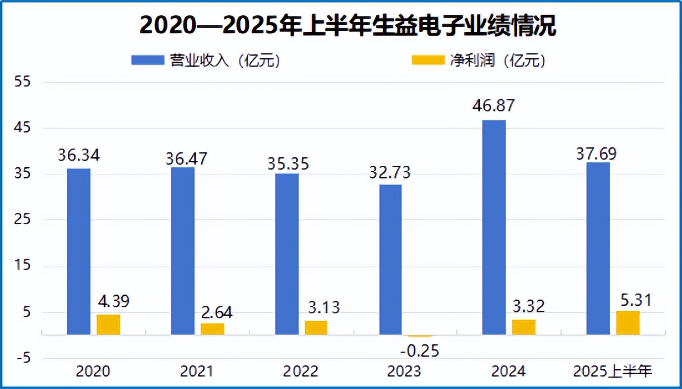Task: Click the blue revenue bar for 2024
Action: (494, 228)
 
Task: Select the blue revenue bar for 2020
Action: (79, 251)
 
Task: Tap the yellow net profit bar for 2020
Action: (108, 325)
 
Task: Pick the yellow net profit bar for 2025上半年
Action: (627, 323)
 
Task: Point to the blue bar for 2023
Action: (390, 260)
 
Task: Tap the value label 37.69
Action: (596, 154)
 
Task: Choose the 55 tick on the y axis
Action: (23, 82)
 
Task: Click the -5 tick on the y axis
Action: (23, 358)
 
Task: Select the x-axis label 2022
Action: (300, 372)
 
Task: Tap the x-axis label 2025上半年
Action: (612, 372)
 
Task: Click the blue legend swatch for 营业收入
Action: (147, 60)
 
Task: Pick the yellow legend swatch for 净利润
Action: (428, 60)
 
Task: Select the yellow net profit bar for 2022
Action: (316, 328)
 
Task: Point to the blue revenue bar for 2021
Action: (183, 251)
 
